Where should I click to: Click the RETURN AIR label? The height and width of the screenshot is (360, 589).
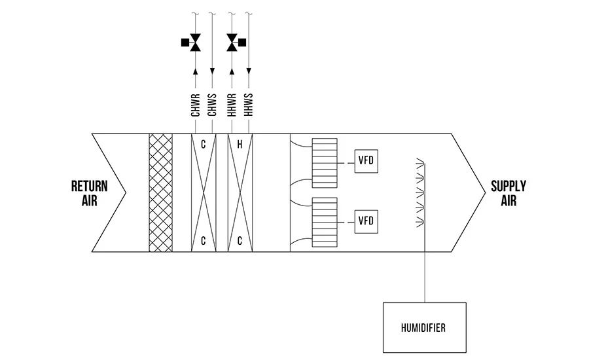click(90, 193)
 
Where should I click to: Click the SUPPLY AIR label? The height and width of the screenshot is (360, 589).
click(509, 193)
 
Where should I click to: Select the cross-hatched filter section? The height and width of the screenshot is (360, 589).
click(161, 192)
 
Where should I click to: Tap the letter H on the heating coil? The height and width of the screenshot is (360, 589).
click(240, 144)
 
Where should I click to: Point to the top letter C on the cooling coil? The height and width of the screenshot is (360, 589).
click(204, 144)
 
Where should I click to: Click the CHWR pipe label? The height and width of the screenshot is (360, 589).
click(195, 105)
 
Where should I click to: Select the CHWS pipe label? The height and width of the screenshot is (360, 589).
click(212, 105)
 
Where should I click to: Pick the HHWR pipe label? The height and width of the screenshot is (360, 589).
click(232, 105)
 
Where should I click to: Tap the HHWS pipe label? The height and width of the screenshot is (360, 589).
click(249, 105)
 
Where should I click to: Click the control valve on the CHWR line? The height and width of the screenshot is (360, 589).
click(195, 43)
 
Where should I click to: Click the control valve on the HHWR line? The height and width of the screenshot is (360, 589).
click(232, 43)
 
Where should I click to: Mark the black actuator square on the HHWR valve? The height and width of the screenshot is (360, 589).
click(242, 43)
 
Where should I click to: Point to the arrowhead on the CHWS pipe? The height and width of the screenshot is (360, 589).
click(212, 71)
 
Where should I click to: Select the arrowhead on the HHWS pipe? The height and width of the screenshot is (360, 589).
click(249, 71)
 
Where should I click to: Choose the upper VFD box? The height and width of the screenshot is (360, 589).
click(366, 161)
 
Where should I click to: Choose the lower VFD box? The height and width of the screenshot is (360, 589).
click(366, 222)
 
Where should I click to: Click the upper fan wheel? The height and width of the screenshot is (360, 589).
click(325, 163)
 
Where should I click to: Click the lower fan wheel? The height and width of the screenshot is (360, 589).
click(325, 223)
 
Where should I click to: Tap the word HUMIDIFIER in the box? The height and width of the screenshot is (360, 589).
click(423, 328)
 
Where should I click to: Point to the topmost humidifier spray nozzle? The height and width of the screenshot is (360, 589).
click(420, 162)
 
